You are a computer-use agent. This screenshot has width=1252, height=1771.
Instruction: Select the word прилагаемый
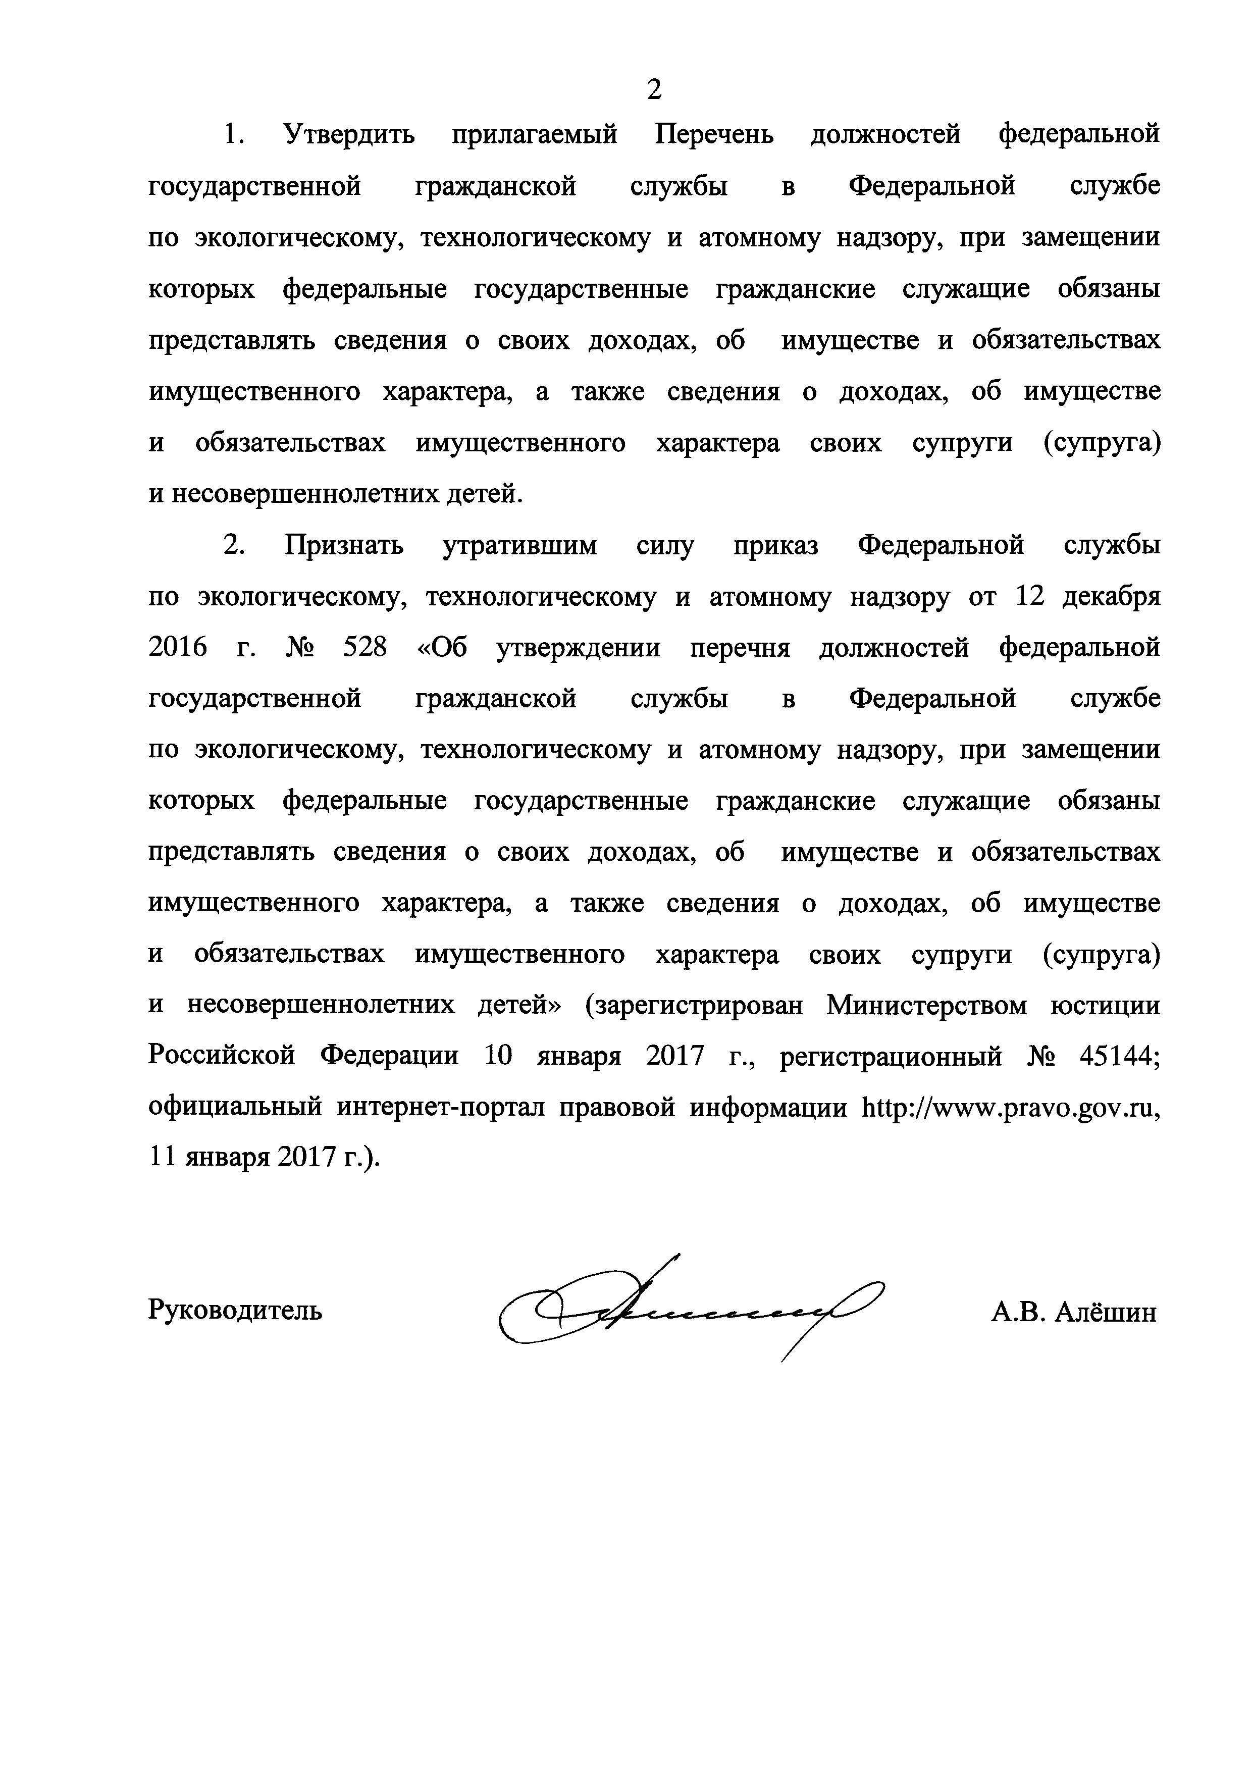tap(534, 135)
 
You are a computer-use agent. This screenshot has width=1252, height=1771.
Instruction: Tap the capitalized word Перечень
tap(714, 135)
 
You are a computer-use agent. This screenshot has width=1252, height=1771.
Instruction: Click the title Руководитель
tap(235, 1310)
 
